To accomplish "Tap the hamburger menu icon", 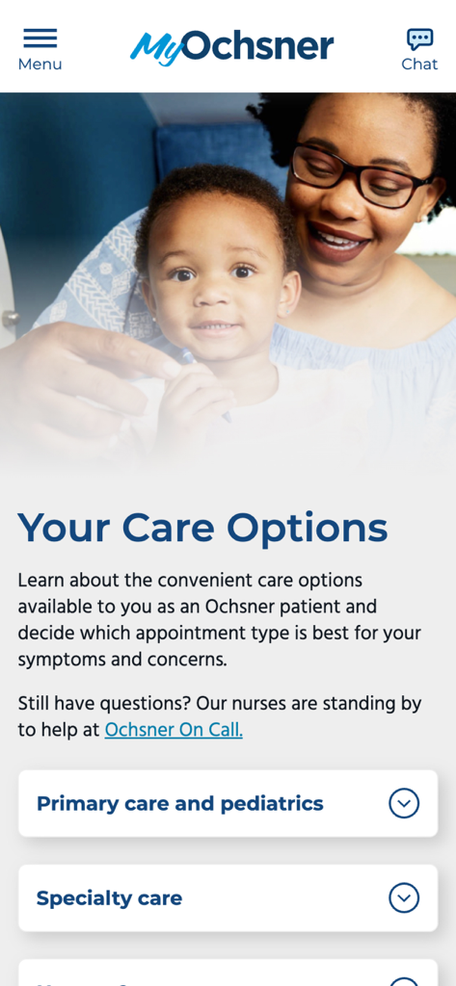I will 40,38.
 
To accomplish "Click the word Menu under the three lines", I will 40,65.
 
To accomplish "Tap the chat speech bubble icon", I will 419,39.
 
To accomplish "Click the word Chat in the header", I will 419,65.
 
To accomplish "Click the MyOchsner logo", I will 232,46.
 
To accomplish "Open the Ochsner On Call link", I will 174,730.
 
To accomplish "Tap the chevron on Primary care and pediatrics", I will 404,803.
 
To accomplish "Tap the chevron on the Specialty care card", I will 404,897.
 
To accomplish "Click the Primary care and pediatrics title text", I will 180,803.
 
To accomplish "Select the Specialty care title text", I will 109,897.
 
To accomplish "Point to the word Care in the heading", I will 170,529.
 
